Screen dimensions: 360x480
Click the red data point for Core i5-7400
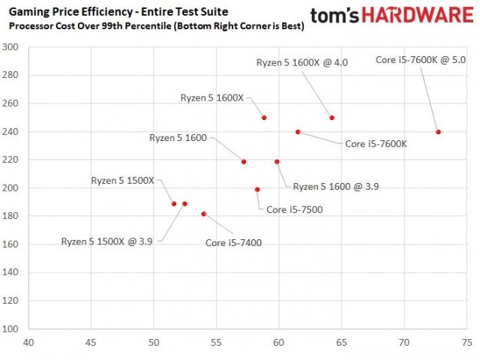(203, 214)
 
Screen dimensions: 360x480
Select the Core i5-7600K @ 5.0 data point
(438, 132)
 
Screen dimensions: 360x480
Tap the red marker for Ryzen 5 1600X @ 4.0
(331, 118)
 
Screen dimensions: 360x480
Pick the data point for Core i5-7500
(257, 190)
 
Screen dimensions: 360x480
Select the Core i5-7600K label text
(376, 144)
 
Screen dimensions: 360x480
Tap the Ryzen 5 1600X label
(212, 97)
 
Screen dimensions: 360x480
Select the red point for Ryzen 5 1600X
(264, 118)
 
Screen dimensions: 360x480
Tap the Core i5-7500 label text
(295, 209)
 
